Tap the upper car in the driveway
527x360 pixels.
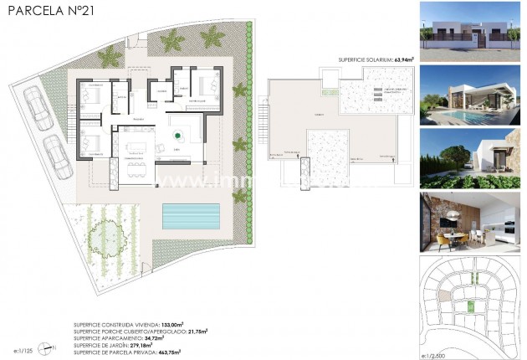click(x=38, y=107)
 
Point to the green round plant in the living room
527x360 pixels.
click(x=177, y=134)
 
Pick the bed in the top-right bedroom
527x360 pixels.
click(x=207, y=85)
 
